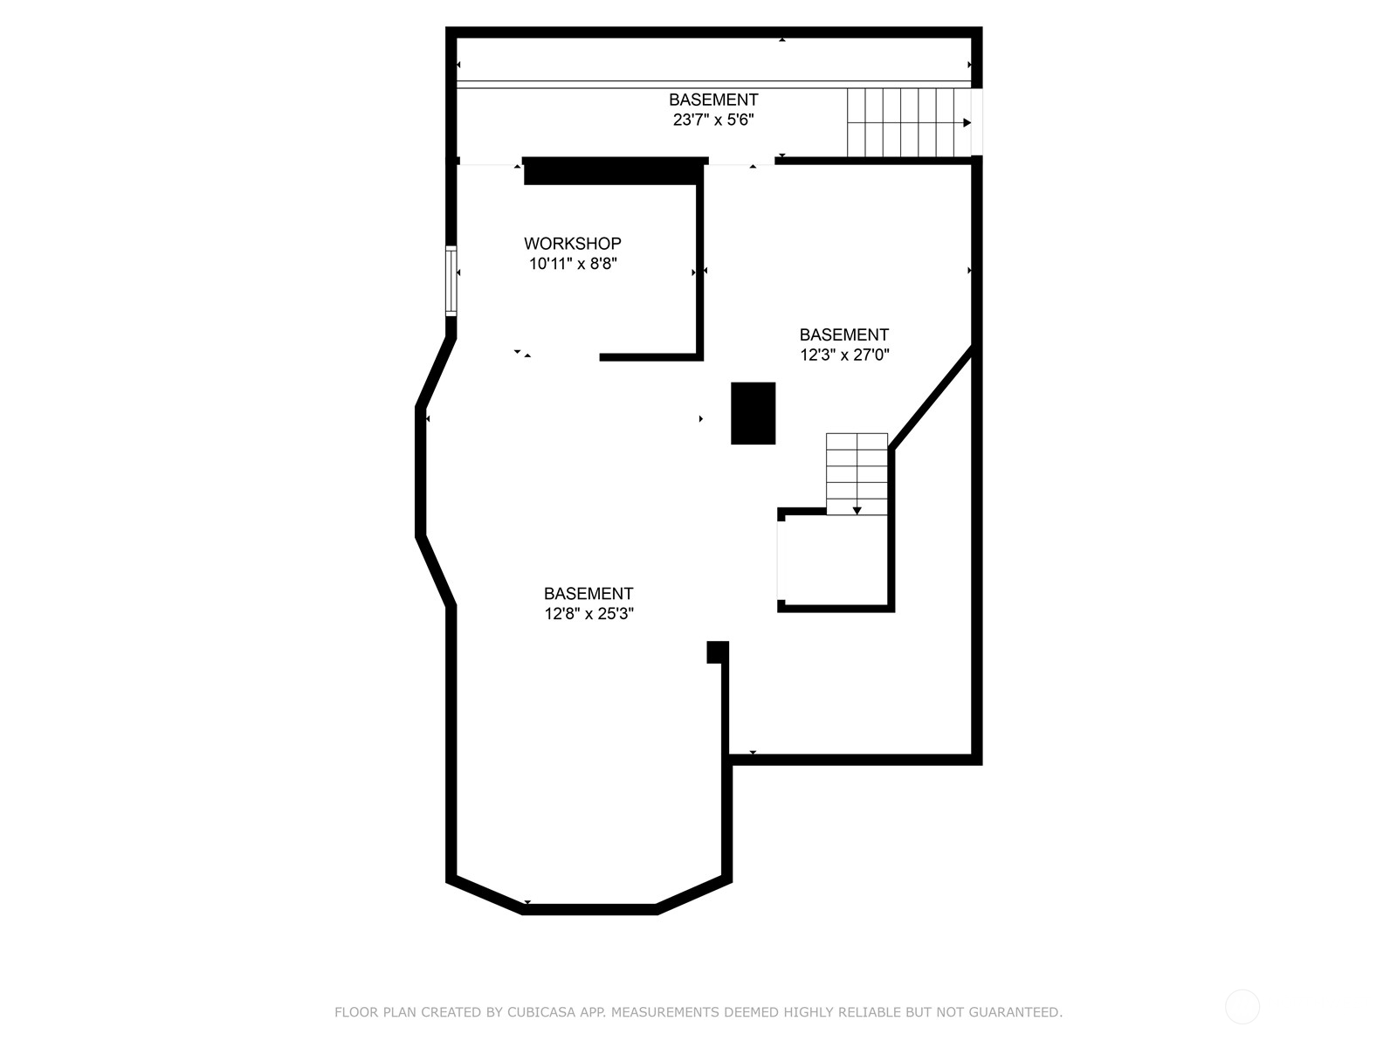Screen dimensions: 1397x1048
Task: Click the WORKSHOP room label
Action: pyautogui.click(x=572, y=243)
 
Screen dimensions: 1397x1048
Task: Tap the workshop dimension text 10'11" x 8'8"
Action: pyautogui.click(x=573, y=264)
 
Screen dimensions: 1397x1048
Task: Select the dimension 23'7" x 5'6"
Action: pyautogui.click(x=713, y=120)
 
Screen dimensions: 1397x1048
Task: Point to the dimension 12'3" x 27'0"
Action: pyautogui.click(x=844, y=355)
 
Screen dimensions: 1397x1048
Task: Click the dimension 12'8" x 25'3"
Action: pyautogui.click(x=588, y=614)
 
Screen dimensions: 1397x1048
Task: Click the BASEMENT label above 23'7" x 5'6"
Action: pyautogui.click(x=713, y=100)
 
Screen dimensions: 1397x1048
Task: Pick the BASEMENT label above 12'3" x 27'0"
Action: pyautogui.click(x=844, y=334)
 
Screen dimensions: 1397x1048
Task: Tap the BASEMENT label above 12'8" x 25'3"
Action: pyautogui.click(x=588, y=594)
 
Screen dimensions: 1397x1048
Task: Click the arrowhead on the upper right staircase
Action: pyautogui.click(x=967, y=123)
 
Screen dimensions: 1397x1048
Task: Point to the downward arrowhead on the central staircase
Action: pyautogui.click(x=857, y=510)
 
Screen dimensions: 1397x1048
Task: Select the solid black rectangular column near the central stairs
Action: pyautogui.click(x=753, y=413)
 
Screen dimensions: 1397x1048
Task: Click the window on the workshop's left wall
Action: pyautogui.click(x=451, y=280)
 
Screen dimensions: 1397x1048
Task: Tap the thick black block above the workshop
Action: pyautogui.click(x=615, y=171)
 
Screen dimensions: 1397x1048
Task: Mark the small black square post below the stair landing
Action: pyautogui.click(x=718, y=652)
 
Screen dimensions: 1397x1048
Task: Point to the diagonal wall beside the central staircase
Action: pyautogui.click(x=931, y=397)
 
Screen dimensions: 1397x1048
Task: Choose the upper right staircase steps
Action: pyautogui.click(x=909, y=122)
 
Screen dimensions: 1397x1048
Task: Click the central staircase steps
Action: pyautogui.click(x=857, y=474)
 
